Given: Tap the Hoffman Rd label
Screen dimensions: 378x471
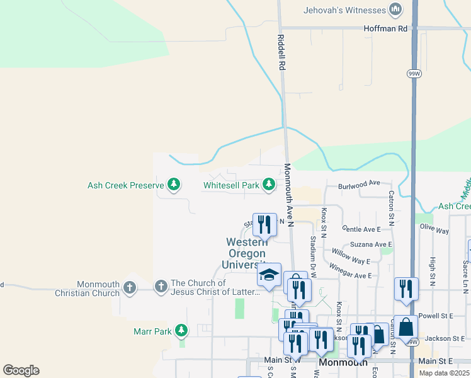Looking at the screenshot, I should point(385,28).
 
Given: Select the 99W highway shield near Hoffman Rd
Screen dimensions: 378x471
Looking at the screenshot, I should point(414,73).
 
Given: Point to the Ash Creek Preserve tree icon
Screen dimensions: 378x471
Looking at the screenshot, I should point(174,185).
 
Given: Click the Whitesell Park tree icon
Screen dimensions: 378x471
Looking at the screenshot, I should point(269,185).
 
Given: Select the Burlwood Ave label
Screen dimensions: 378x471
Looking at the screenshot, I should point(360,183).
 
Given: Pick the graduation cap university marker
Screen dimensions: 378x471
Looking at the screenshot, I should point(269,275).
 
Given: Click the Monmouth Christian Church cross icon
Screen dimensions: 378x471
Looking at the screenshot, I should point(130,287).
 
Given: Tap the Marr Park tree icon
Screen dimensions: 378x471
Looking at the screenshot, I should point(181,331).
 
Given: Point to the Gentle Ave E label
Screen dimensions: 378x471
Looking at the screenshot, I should point(361,230).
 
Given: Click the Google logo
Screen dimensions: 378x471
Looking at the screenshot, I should point(21,370).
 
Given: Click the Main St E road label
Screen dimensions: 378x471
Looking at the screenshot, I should point(436,361).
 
